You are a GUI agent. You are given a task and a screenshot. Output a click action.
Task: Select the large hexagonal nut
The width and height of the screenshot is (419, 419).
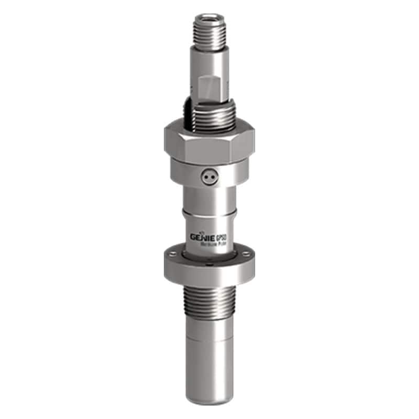pyautogui.click(x=209, y=140)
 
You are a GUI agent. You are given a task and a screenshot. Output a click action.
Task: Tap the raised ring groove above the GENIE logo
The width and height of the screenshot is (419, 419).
pyautogui.click(x=210, y=212)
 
